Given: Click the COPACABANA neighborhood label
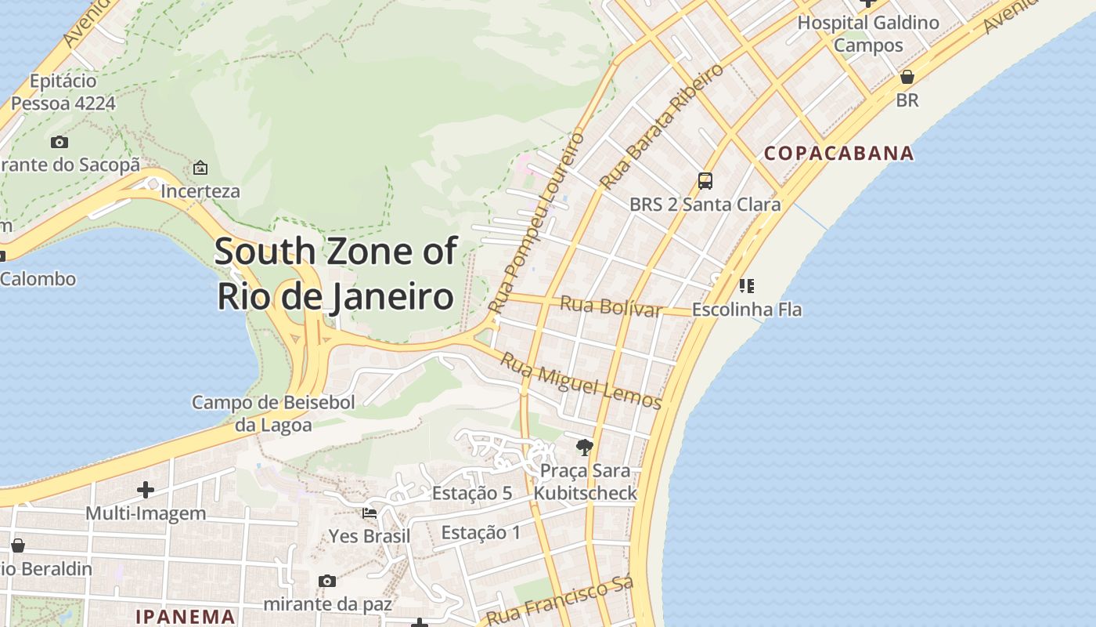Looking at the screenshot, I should [838, 153].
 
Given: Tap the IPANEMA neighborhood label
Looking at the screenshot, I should [186, 616].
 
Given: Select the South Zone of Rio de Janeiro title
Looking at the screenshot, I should [336, 274].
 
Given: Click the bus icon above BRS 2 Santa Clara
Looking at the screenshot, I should [705, 181].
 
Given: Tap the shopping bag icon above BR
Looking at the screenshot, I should [907, 77].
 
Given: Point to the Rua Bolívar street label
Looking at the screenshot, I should [611, 306].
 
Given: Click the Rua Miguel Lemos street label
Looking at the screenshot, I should [581, 381].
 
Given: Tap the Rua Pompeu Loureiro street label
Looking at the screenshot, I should [536, 223].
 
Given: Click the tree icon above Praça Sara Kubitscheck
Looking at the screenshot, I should [584, 448].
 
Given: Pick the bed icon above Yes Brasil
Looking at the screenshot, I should [370, 513].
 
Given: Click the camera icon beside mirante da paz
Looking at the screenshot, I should [327, 581].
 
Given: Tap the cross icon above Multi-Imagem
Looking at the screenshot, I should [146, 490].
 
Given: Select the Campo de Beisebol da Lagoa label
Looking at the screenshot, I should [273, 414].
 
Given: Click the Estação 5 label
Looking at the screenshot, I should [471, 493].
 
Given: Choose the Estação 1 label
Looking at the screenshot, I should [481, 533].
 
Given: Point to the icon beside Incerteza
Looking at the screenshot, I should [200, 168].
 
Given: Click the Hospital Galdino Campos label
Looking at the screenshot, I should [868, 34].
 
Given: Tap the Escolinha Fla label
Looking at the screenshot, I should [747, 310].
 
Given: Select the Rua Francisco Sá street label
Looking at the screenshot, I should [559, 601].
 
